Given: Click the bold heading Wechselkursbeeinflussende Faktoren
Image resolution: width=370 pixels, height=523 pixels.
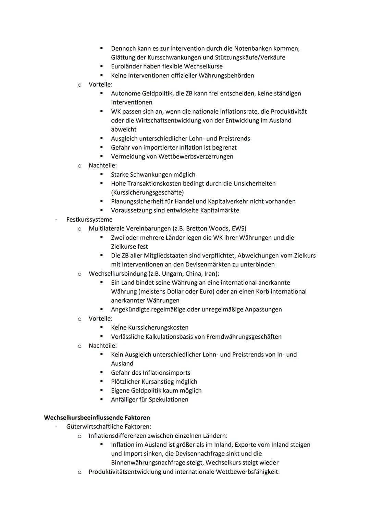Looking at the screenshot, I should click(97, 418).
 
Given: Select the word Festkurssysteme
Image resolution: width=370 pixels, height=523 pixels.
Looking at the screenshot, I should click(89, 219).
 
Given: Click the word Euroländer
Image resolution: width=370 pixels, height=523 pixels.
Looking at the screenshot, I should click(126, 66).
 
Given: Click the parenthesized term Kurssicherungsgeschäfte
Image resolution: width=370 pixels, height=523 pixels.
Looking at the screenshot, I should click(147, 192).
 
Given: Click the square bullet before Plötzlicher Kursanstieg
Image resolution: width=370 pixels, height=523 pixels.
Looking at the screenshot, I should click(102, 381).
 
